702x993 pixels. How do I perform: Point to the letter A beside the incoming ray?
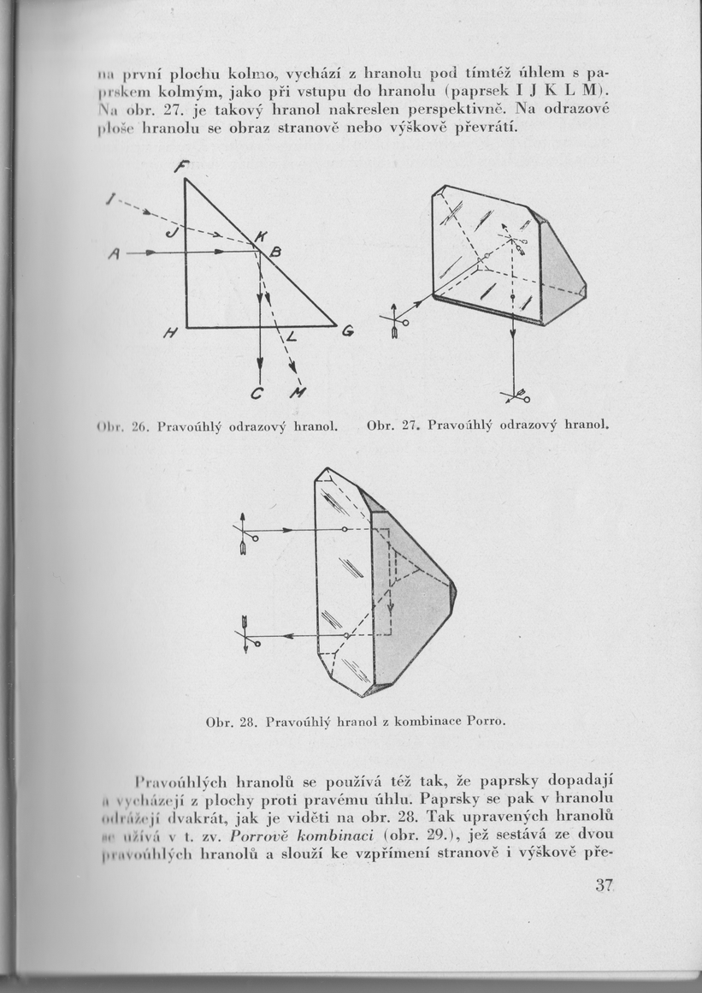[x=114, y=253]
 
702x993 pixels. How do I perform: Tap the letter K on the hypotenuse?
[x=261, y=233]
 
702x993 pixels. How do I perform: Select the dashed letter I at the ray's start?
[x=109, y=199]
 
